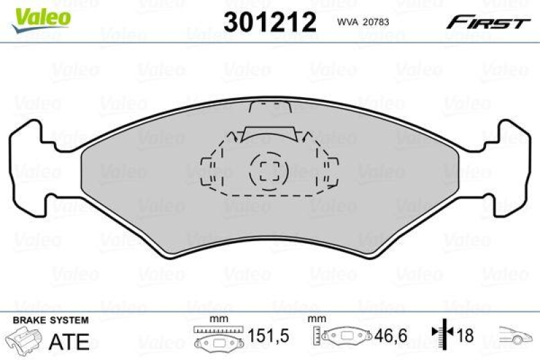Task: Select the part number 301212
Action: (x=269, y=23)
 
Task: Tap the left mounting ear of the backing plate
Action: (x=30, y=168)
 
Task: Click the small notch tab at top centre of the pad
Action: (x=270, y=108)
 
